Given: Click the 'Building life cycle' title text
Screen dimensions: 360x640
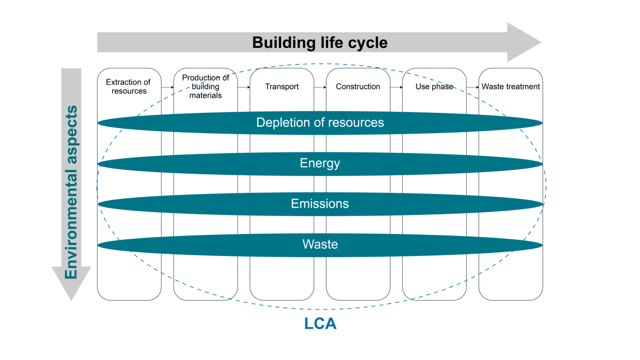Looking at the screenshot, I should [320, 43].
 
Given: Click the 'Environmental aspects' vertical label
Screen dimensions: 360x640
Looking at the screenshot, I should [71, 192].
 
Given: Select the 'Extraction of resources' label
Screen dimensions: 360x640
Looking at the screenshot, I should [128, 86].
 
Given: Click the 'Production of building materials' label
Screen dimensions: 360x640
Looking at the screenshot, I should [205, 86].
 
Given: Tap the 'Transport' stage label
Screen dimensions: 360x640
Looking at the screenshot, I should [282, 86].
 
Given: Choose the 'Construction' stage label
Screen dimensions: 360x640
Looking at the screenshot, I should [358, 86].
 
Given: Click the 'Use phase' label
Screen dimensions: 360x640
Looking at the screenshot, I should [434, 86].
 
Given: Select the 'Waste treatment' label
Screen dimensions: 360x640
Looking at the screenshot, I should [510, 86].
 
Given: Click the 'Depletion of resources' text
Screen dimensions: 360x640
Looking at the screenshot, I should [320, 122].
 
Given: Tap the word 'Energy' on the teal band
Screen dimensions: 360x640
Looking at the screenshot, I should [320, 163].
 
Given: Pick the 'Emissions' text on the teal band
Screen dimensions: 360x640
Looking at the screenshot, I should [320, 204].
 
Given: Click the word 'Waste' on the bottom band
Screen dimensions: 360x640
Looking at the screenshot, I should [320, 244].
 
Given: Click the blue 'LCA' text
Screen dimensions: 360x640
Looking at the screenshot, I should [320, 324].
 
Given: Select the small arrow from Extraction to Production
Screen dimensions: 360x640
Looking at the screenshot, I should [168, 87].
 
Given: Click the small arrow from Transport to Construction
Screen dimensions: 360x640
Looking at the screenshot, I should [320, 87].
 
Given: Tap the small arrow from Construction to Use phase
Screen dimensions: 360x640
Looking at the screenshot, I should [396, 87].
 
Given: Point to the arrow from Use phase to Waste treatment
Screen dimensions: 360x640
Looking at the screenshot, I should [473, 87].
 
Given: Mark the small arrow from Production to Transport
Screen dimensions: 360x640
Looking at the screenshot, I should [244, 87].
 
